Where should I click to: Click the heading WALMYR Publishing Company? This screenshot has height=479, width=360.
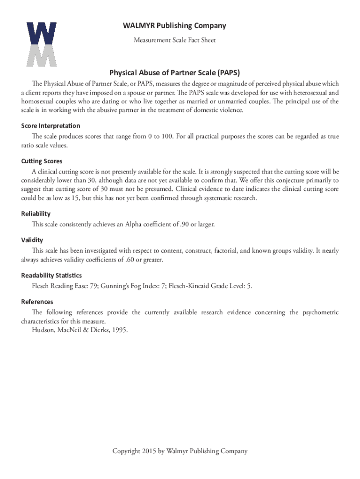coord(174,26)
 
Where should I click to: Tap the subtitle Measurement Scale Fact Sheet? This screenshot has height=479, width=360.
coord(174,40)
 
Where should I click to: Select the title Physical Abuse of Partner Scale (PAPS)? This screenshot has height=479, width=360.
coord(174,73)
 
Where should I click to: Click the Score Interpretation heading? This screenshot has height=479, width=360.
coord(50,126)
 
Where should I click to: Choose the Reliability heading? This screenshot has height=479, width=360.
coord(36,214)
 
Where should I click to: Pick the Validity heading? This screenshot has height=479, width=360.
coord(32,240)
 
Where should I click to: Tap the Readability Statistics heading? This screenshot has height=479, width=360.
coord(51,276)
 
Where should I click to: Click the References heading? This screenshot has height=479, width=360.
coord(37,302)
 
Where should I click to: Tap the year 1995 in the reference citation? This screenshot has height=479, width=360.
coord(118,330)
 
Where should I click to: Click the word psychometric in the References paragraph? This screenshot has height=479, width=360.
coord(314,312)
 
